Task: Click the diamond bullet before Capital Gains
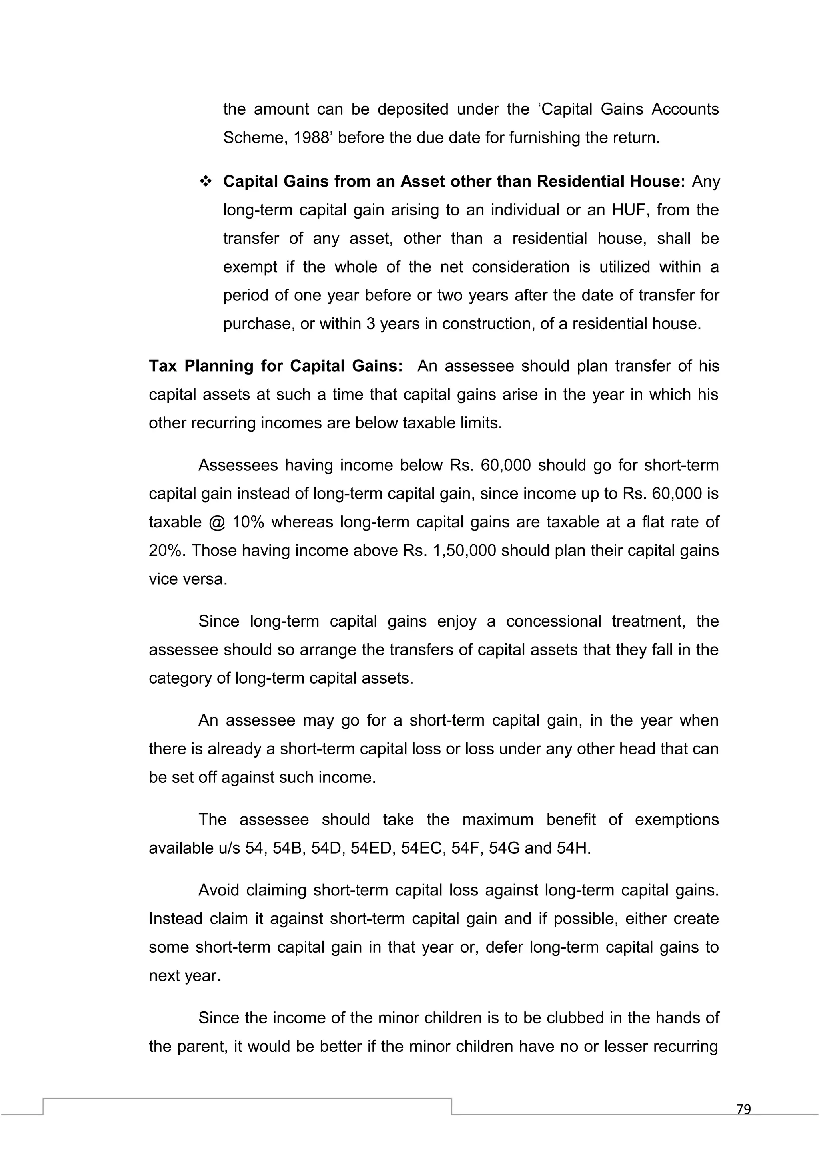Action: (206, 181)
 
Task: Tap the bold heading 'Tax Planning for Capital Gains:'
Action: (276, 366)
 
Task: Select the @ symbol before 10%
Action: (212, 522)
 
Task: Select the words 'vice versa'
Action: (188, 579)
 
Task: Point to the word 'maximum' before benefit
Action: (497, 820)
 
